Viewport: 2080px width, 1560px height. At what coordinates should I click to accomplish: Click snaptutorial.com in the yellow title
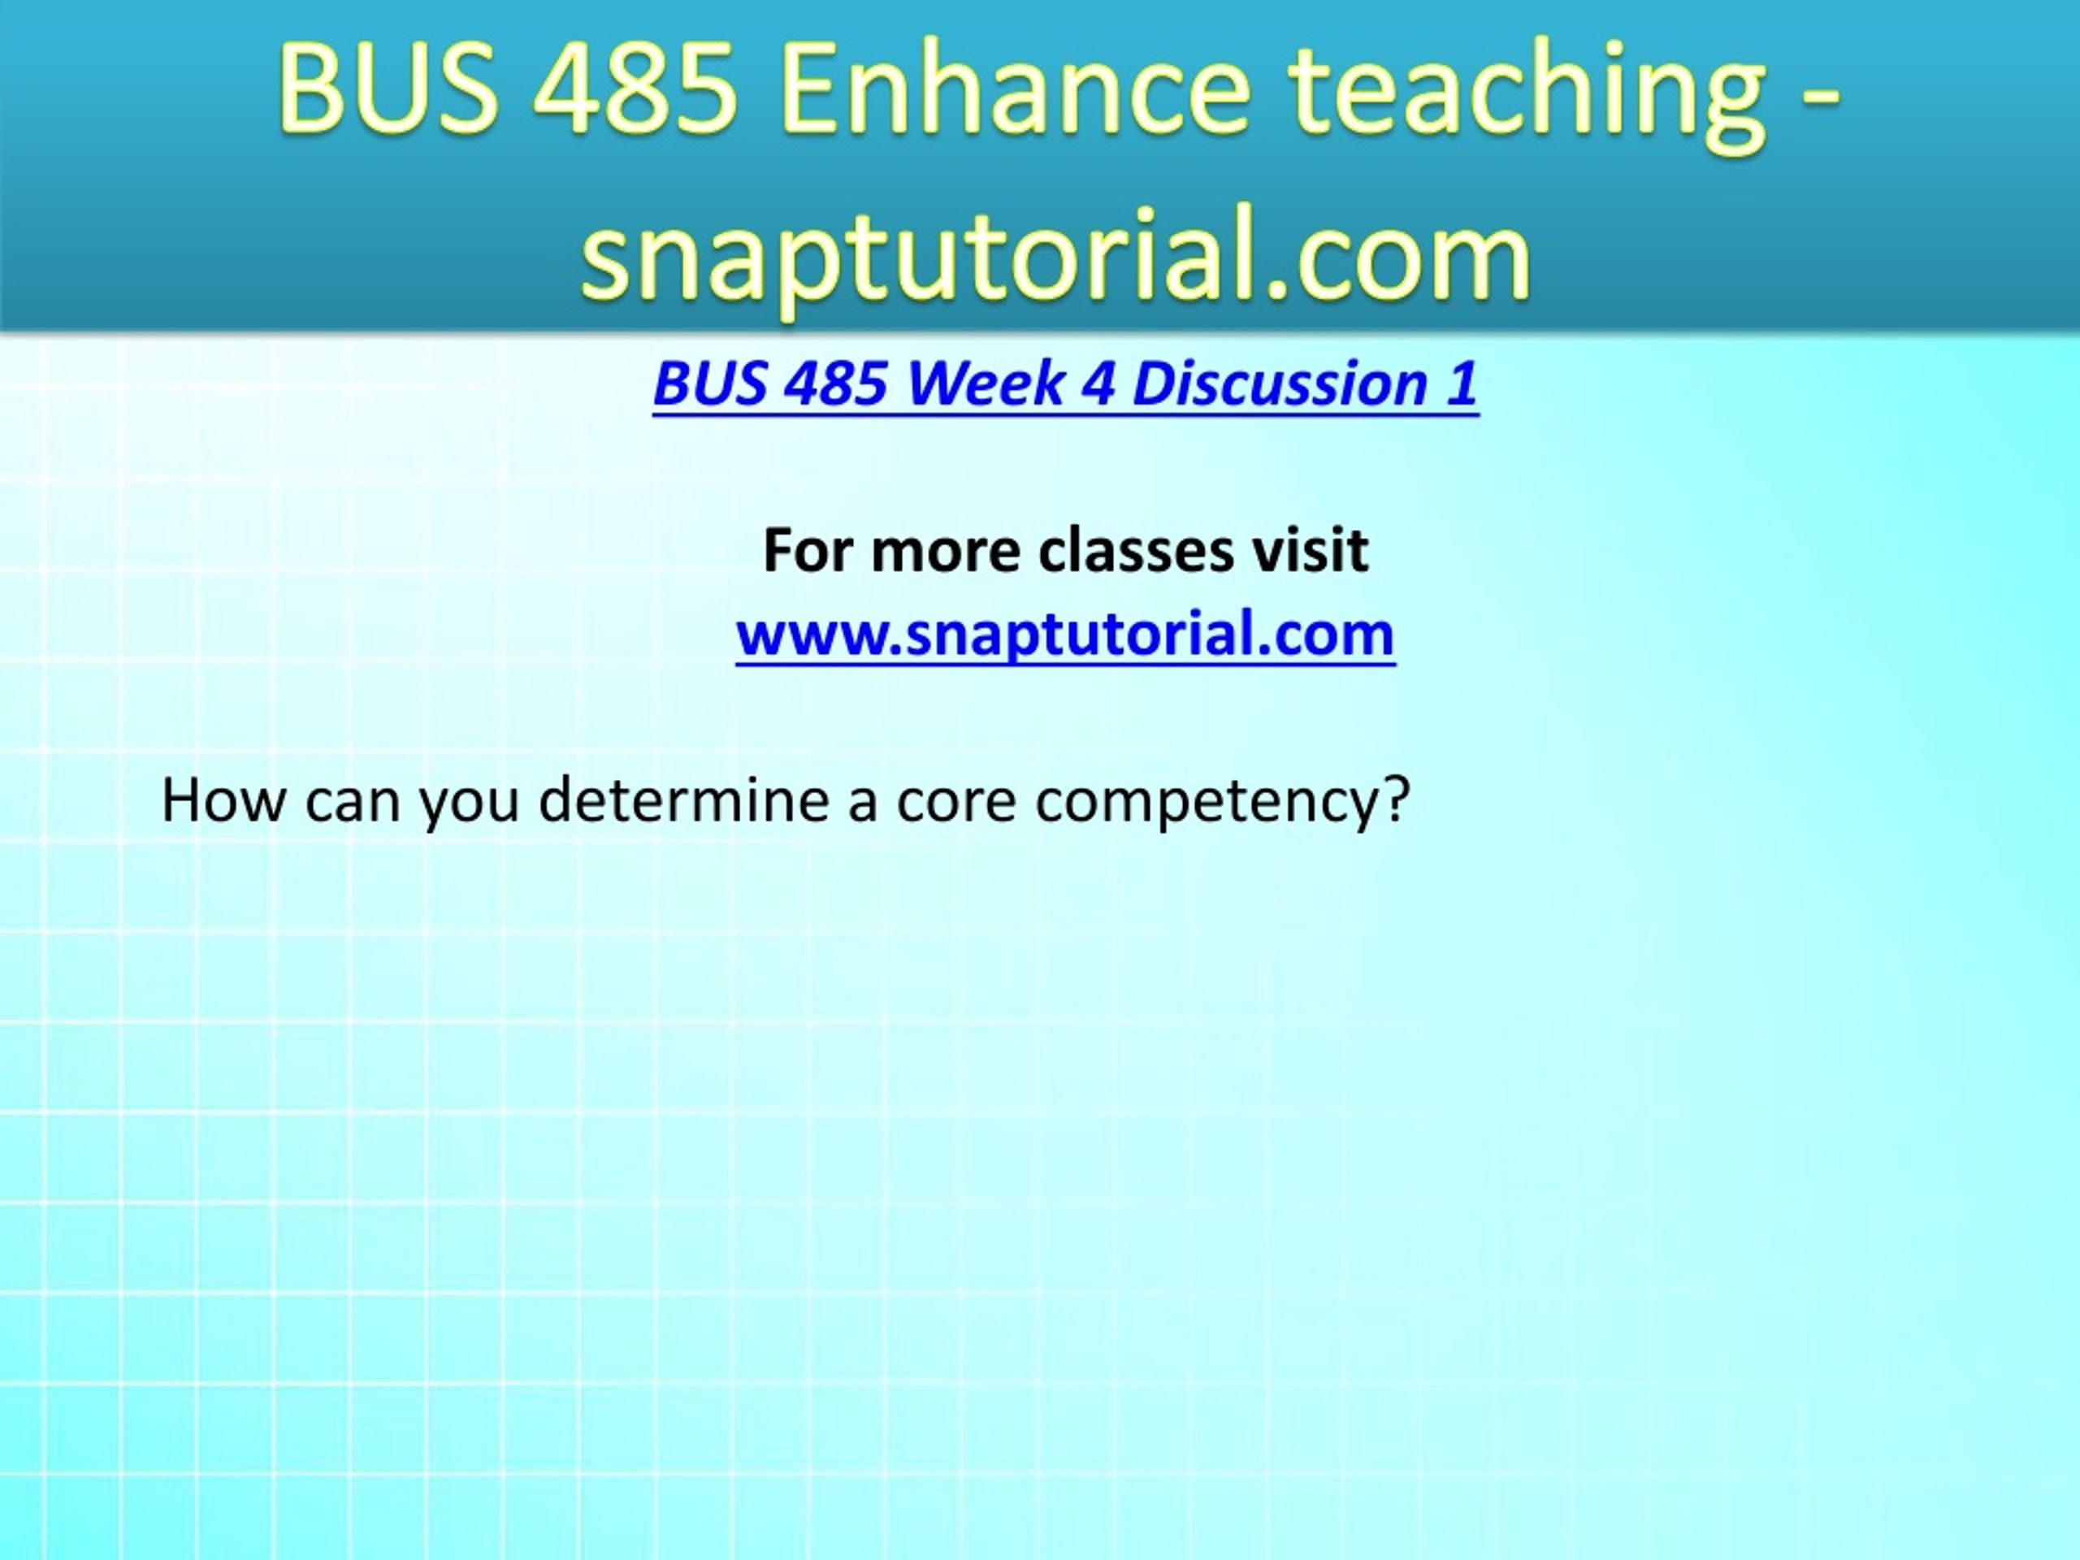[1055, 253]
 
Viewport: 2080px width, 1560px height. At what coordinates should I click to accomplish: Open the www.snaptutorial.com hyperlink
[1064, 635]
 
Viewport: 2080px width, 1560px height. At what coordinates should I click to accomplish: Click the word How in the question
[223, 801]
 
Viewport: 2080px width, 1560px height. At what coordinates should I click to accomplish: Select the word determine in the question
[683, 801]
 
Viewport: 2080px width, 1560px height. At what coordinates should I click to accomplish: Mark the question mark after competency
[1393, 801]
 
